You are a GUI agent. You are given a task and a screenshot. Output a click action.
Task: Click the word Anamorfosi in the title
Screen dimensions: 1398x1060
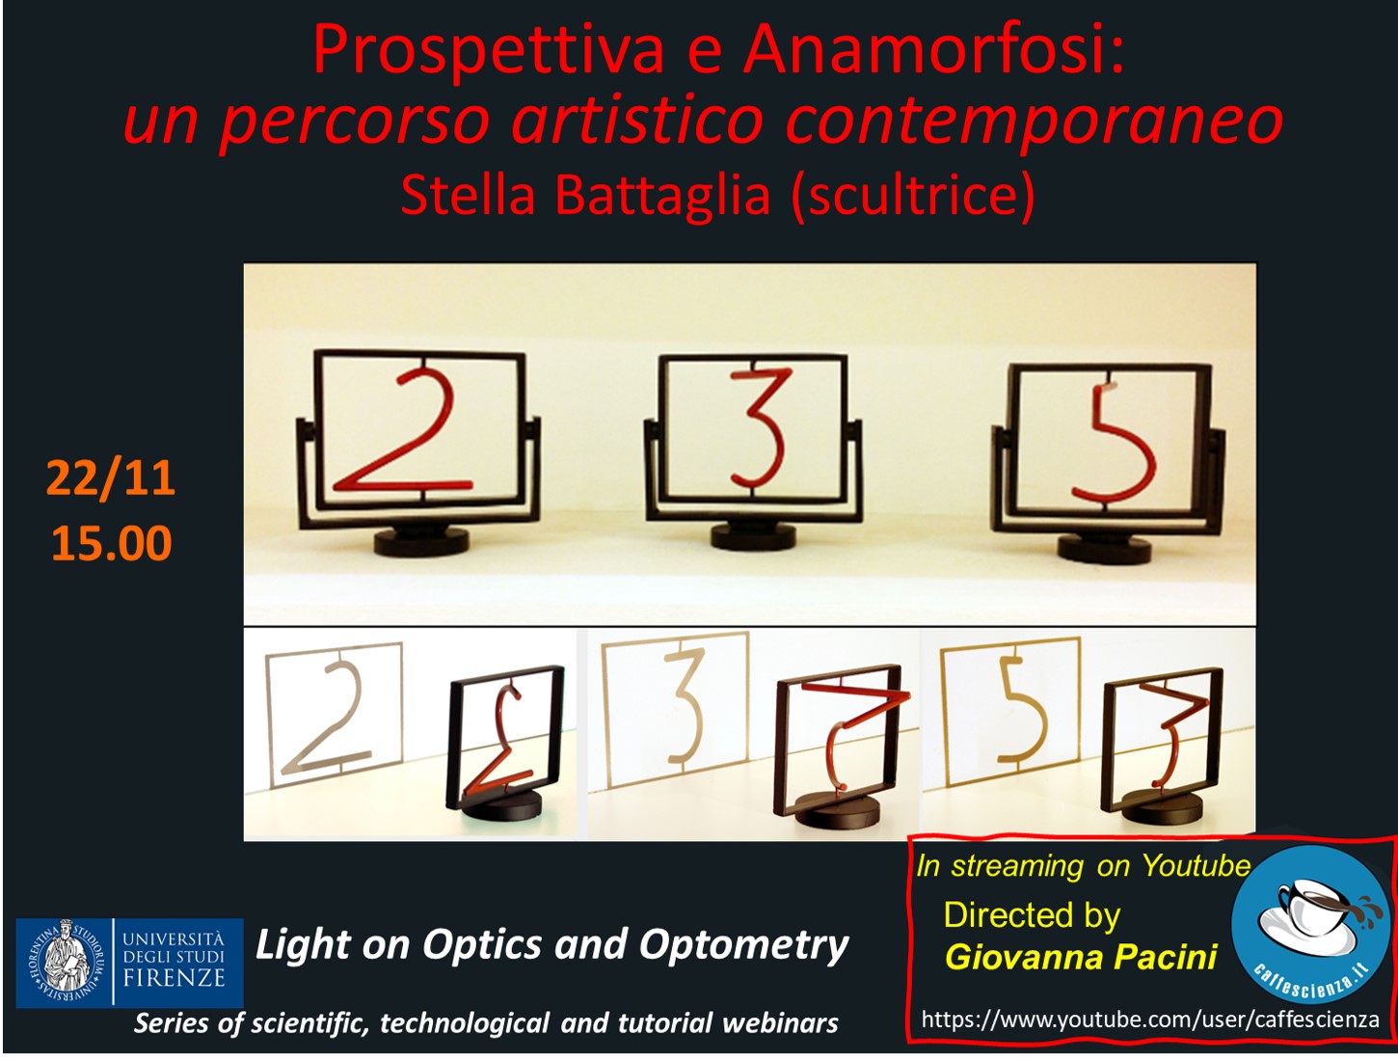pyautogui.click(x=934, y=51)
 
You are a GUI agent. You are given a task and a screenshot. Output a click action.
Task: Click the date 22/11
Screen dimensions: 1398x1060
pyautogui.click(x=110, y=477)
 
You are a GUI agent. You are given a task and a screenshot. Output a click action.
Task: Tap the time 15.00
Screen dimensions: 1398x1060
pyautogui.click(x=112, y=543)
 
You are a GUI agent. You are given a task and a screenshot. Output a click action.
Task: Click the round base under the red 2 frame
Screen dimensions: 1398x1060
pyautogui.click(x=421, y=541)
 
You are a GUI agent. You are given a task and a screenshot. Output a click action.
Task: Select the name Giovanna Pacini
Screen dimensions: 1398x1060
pyautogui.click(x=1081, y=957)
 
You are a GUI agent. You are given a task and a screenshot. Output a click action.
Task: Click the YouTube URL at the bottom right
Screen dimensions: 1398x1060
pyautogui.click(x=1149, y=1019)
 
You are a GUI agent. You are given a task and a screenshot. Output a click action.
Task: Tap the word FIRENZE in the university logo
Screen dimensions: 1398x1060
pyautogui.click(x=174, y=978)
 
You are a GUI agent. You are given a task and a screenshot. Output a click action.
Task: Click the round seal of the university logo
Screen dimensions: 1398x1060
pyautogui.click(x=65, y=962)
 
